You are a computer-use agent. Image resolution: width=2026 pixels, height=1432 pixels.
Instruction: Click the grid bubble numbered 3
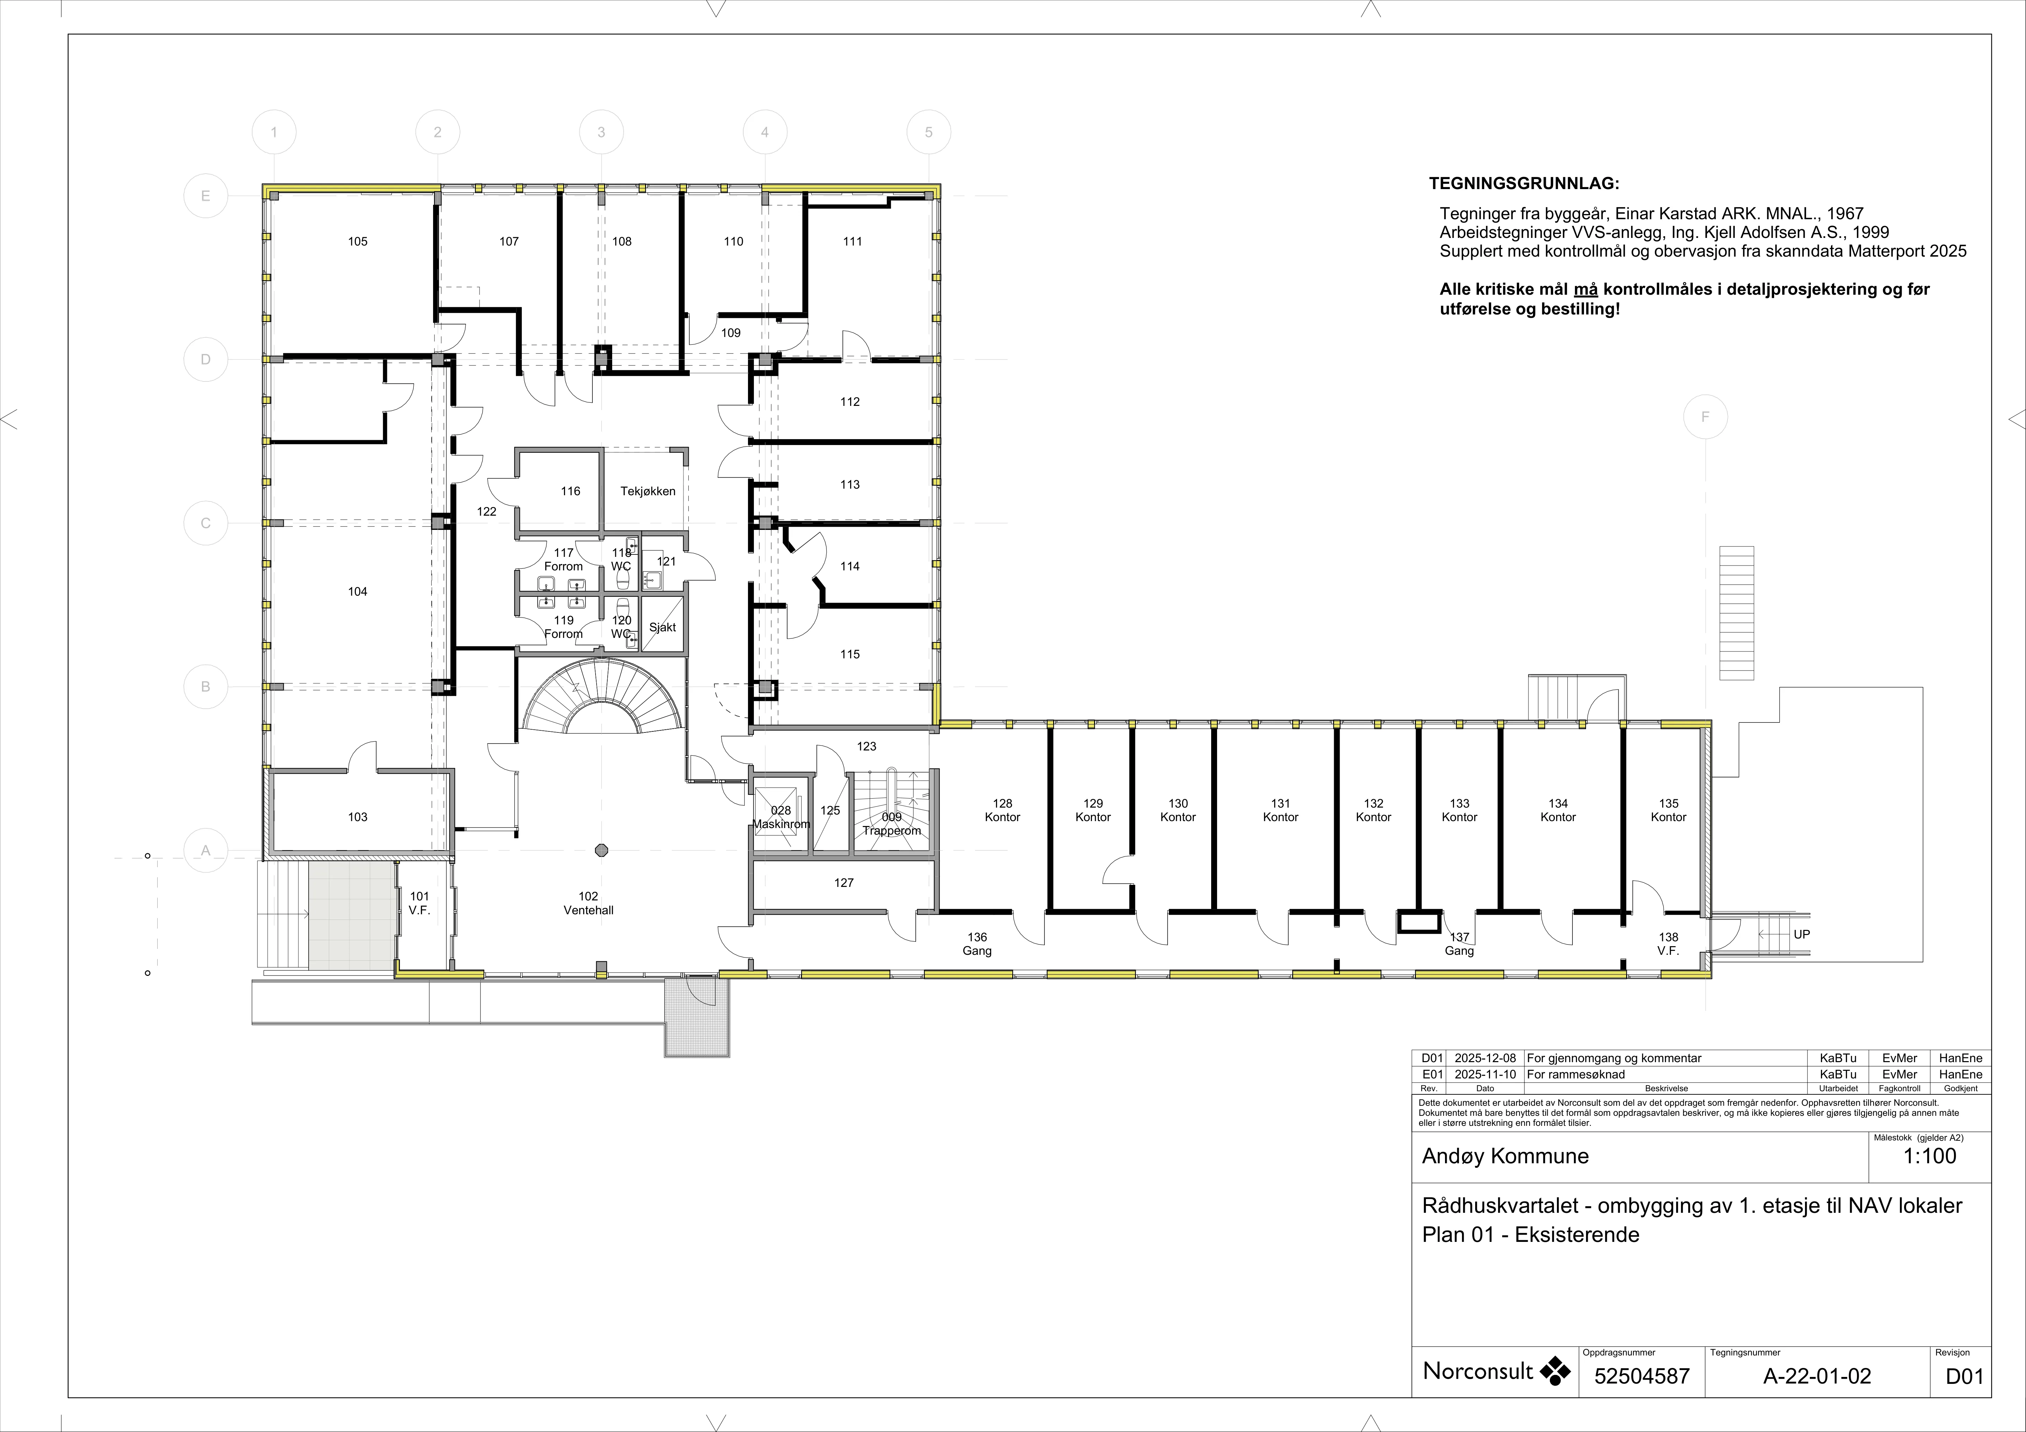(601, 132)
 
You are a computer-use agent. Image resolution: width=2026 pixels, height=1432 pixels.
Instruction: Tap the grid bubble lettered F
(1705, 417)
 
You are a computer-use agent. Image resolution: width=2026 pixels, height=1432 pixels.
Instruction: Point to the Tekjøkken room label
(648, 491)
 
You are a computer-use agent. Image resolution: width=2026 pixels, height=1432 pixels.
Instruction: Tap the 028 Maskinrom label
(781, 817)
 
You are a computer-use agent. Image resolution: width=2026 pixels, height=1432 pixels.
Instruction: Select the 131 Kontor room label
(1280, 810)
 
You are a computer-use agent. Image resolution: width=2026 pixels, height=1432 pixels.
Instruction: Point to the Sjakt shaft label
(662, 627)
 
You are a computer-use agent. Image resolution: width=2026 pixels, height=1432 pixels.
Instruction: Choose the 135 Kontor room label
(1668, 810)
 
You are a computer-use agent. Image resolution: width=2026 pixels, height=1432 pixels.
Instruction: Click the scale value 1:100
(1930, 1156)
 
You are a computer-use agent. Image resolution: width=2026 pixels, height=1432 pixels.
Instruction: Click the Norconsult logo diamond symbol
(1556, 1371)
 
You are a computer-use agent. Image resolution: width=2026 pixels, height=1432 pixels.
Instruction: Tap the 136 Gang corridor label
(977, 944)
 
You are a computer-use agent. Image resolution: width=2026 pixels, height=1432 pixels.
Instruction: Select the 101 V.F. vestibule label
(419, 904)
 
